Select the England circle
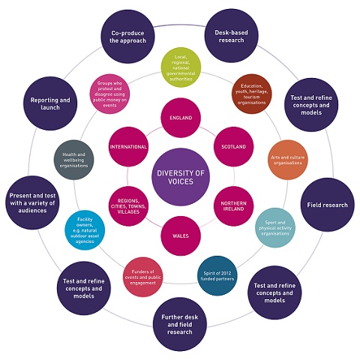(181, 118)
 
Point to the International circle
(128, 147)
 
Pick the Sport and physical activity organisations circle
(275, 227)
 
